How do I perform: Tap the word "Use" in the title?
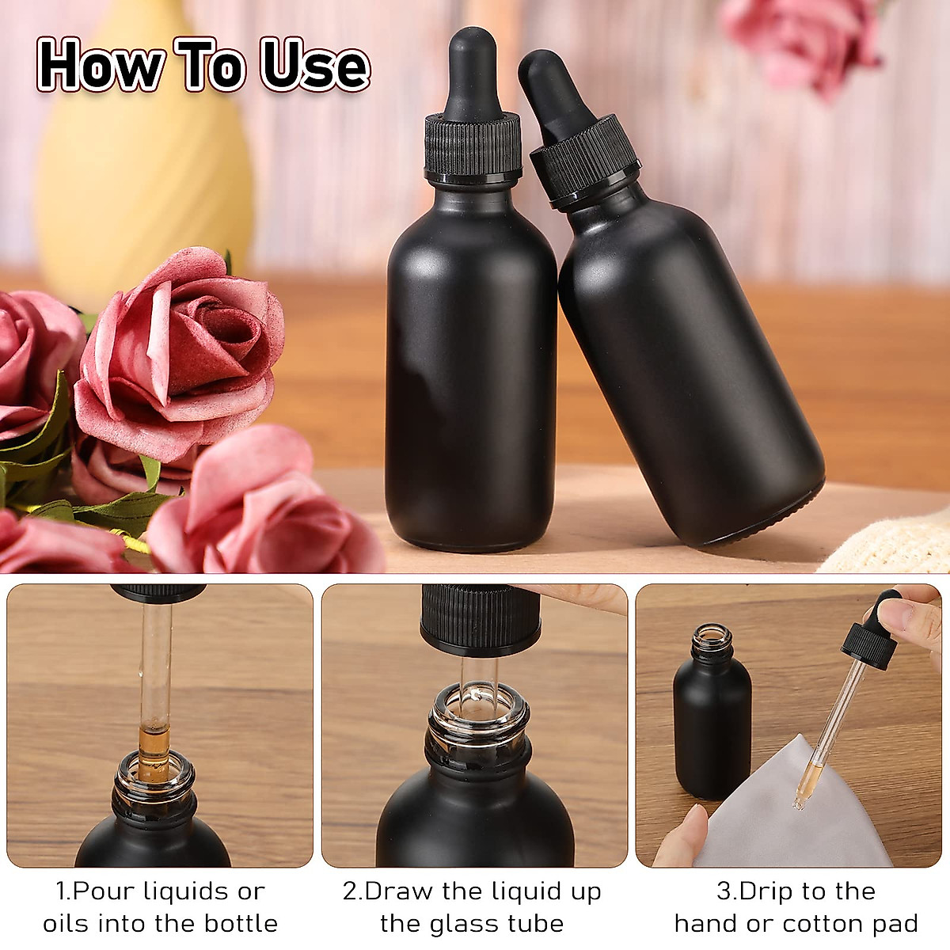click(x=315, y=65)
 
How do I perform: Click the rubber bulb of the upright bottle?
click(x=472, y=75)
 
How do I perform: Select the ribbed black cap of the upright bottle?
click(x=473, y=146)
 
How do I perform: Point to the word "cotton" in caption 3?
click(x=823, y=924)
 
